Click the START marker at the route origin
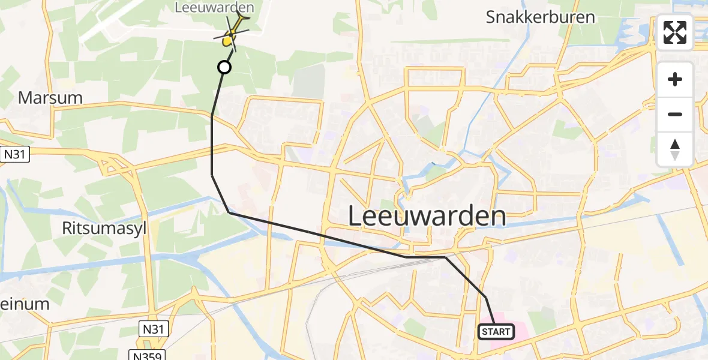496,331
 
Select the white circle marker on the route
224,67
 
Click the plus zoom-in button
675,79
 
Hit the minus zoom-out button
675,114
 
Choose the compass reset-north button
675,149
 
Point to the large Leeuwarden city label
427,216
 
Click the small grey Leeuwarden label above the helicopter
214,8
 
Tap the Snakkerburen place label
540,17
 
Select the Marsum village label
50,98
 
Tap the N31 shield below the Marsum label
15,155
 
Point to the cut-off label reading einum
25,304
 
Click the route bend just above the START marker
485,298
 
